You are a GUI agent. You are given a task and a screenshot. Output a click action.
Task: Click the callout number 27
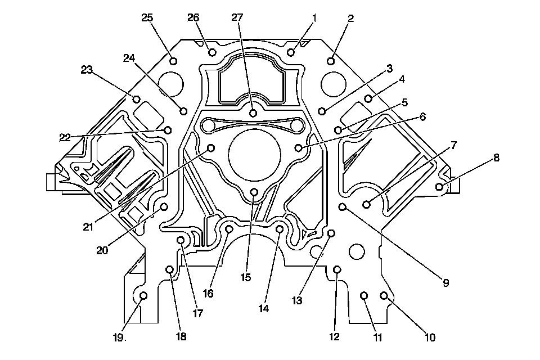point(237,17)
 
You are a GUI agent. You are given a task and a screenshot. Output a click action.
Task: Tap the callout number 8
point(496,158)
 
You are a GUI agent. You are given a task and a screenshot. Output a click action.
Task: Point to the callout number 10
point(430,337)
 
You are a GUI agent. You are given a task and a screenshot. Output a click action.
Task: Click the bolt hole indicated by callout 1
point(291,52)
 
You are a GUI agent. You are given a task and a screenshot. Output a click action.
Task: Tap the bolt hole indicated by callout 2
point(332,61)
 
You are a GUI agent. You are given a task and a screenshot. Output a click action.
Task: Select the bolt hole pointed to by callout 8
point(440,186)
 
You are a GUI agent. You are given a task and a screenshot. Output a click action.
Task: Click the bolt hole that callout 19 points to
point(143,296)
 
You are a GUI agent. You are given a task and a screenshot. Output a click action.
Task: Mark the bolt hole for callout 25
point(173,61)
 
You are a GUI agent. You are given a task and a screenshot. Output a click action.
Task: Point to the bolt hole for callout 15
point(254,193)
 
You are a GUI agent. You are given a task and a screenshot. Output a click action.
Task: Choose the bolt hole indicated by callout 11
point(364,295)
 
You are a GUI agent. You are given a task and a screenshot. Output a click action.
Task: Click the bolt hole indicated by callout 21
point(211,148)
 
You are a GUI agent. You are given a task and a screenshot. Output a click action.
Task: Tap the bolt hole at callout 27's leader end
point(253,113)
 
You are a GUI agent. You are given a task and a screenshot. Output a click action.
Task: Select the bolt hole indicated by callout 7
point(366,204)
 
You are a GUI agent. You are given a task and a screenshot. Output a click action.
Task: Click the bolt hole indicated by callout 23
point(137,100)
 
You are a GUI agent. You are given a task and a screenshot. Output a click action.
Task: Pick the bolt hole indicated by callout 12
point(337,270)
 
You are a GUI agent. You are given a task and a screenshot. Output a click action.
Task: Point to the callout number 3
point(389,69)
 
